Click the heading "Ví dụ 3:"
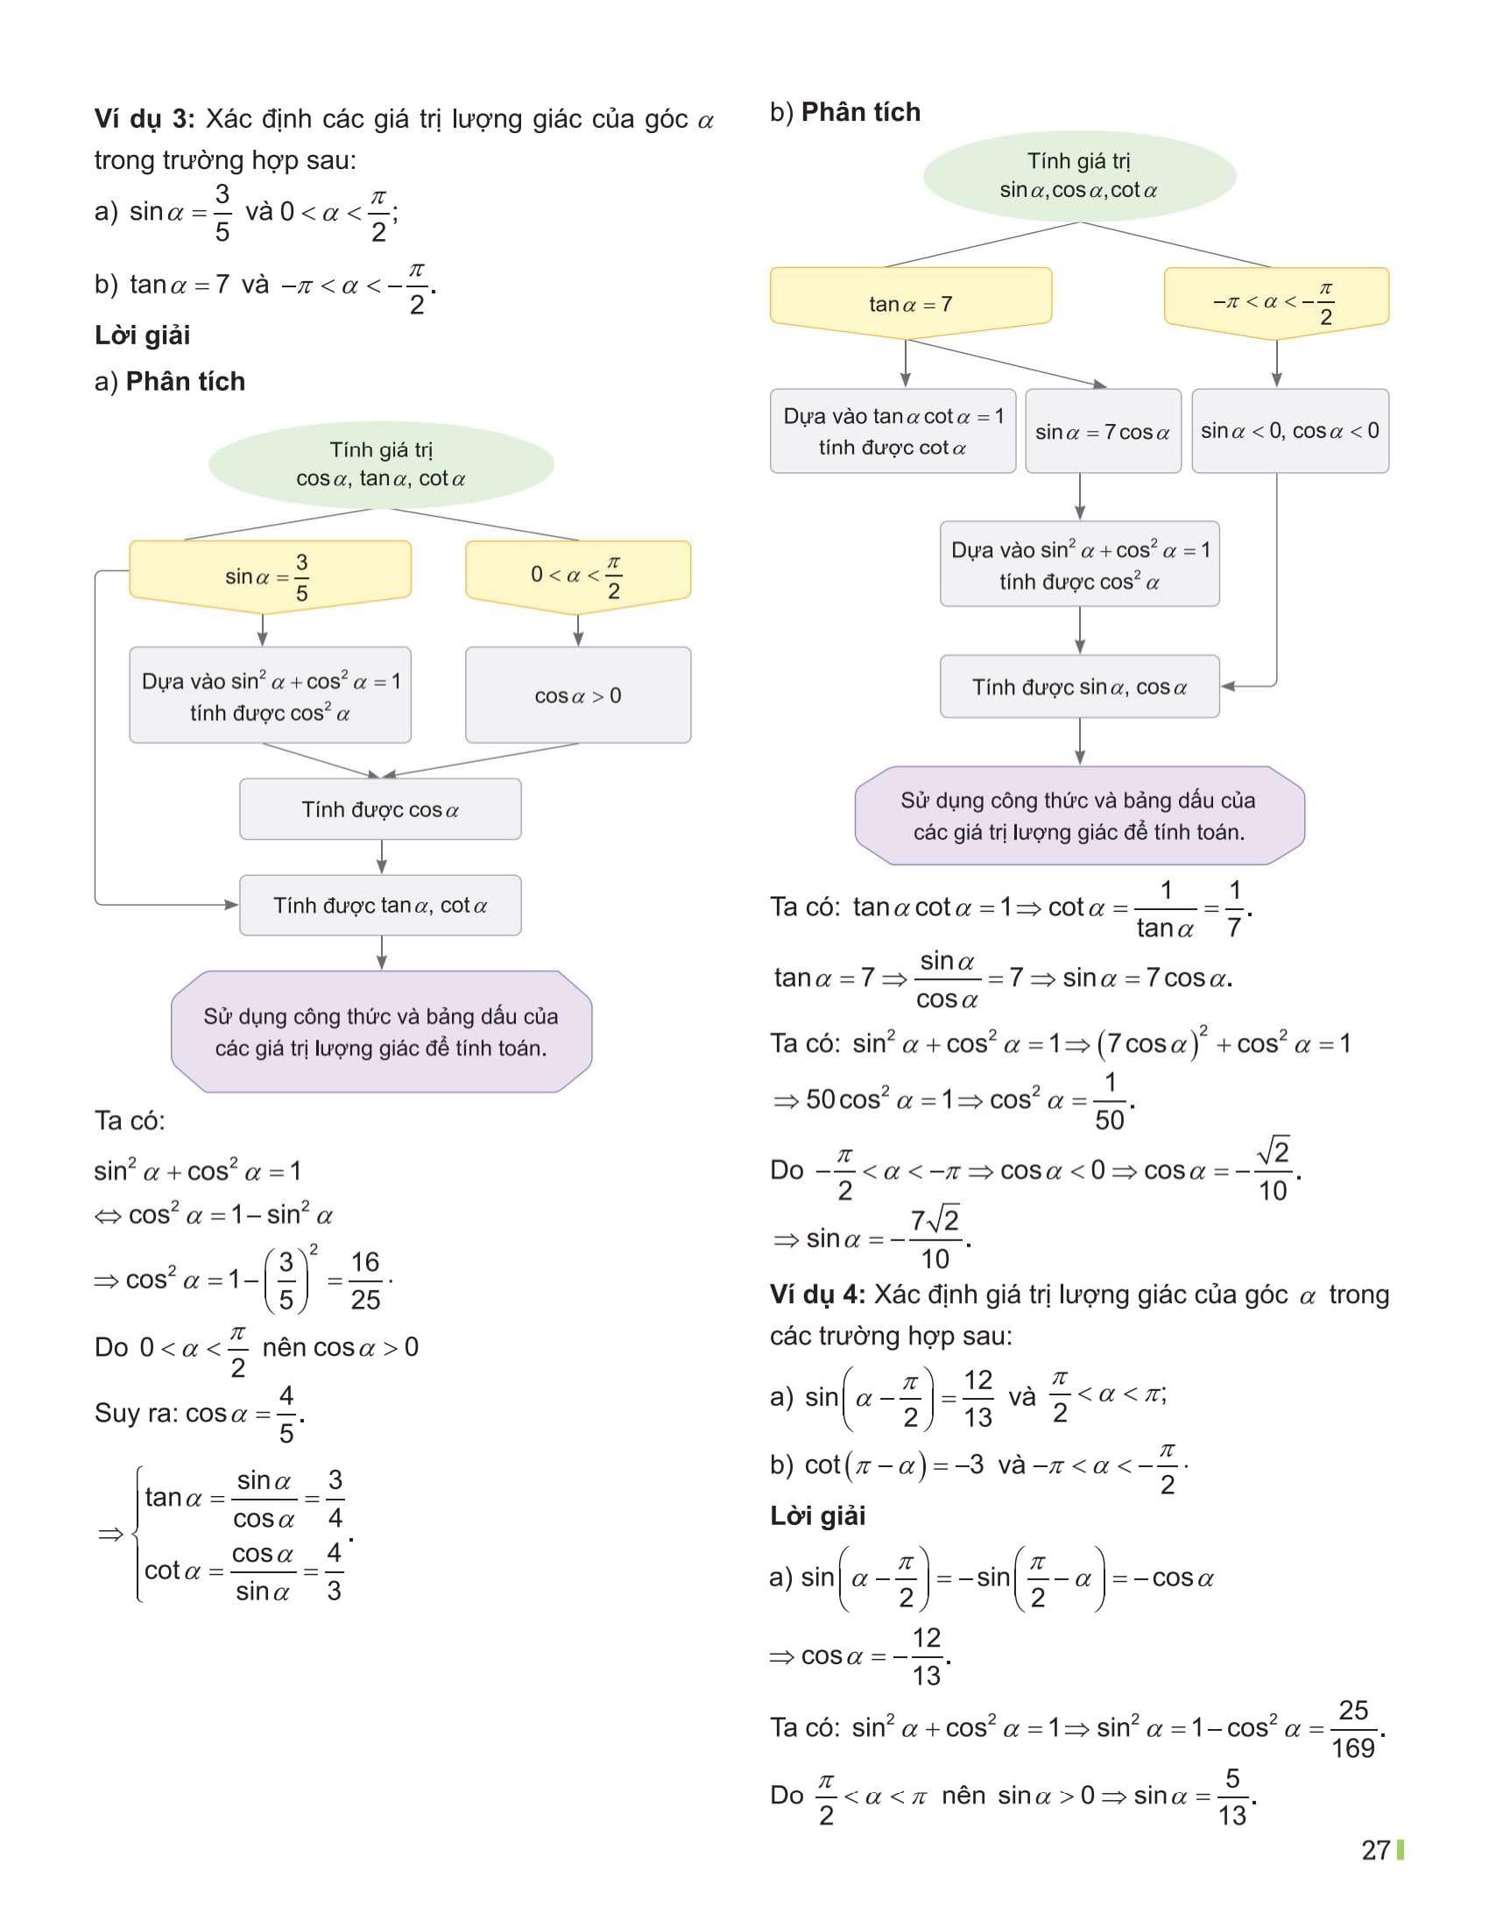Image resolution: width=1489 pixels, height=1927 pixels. [x=144, y=119]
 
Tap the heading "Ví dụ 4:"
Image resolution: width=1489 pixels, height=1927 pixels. [x=817, y=1295]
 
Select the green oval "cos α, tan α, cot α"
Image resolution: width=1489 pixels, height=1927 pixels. [x=381, y=464]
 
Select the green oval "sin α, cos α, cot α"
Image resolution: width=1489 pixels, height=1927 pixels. [x=1079, y=175]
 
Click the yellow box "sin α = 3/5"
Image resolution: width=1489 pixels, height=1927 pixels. [x=269, y=575]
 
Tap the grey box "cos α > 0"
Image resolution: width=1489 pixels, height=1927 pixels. [x=578, y=695]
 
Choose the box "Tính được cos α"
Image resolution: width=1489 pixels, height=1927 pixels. [x=380, y=809]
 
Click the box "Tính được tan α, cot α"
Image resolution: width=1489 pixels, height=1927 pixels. [x=380, y=906]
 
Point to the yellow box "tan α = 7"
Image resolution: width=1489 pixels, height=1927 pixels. [x=910, y=303]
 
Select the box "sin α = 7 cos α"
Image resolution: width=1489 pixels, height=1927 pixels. [x=1103, y=432]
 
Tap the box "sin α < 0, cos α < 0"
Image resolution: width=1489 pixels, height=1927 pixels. [x=1289, y=431]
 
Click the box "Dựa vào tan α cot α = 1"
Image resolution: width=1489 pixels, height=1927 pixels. [x=893, y=432]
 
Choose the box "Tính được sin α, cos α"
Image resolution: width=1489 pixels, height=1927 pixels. [x=1079, y=687]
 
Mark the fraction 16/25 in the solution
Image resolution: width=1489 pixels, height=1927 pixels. [x=365, y=1281]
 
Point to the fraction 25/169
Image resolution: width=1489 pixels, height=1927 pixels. [x=1353, y=1728]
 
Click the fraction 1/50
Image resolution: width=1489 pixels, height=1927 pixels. [x=1110, y=1101]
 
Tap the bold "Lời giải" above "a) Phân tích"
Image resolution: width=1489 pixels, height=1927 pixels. [x=143, y=335]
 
